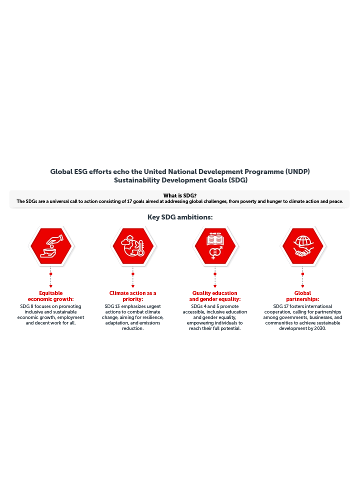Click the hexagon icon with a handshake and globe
click(303, 246)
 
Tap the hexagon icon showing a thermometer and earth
click(133, 246)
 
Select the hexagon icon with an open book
click(215, 246)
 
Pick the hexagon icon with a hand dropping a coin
click(51, 246)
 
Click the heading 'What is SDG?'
click(180, 195)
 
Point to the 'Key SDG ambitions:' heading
click(180, 217)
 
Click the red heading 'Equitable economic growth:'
click(50, 296)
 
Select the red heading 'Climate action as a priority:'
click(132, 296)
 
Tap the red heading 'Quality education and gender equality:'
click(215, 296)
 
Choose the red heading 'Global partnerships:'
click(302, 296)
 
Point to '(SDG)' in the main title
click(238, 180)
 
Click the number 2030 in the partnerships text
click(320, 328)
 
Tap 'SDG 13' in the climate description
click(112, 306)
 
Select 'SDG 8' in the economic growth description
click(27, 306)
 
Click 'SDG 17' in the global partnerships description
click(280, 306)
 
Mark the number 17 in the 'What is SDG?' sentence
click(129, 201)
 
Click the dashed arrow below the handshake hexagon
click(302, 277)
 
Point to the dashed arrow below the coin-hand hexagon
click(50, 277)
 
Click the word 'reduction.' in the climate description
click(132, 328)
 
